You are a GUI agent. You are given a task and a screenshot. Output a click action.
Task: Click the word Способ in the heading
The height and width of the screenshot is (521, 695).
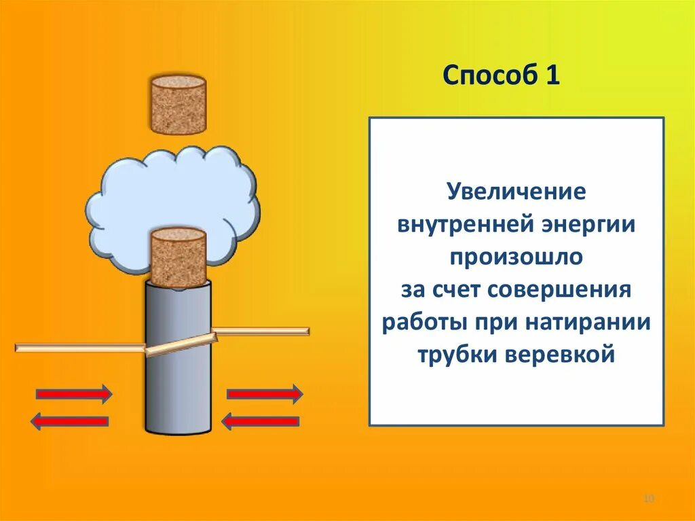[x=487, y=75]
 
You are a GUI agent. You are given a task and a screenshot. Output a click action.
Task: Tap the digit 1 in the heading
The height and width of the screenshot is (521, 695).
[x=550, y=75]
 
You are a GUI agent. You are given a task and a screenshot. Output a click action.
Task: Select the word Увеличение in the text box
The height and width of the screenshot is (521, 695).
[x=516, y=192]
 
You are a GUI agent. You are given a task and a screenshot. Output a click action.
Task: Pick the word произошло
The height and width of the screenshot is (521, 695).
[x=516, y=257]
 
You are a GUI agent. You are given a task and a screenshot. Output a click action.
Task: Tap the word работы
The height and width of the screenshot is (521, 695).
[x=417, y=323]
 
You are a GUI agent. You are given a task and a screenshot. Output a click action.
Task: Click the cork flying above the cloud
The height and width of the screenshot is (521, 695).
[x=178, y=105]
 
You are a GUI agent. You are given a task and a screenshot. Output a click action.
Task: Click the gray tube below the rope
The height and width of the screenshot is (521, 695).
[x=178, y=394]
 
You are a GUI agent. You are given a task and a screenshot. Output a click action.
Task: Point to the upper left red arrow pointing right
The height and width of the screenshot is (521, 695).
[x=73, y=393]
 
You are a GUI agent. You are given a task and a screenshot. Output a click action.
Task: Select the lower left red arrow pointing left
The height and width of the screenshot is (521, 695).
[x=69, y=421]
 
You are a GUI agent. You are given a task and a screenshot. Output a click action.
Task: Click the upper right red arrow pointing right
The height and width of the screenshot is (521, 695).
[x=264, y=393]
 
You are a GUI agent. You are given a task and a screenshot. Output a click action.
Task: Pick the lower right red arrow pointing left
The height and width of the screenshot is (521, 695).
[x=261, y=421]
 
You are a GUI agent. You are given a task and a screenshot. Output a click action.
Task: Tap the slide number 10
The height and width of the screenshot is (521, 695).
[x=648, y=499]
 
